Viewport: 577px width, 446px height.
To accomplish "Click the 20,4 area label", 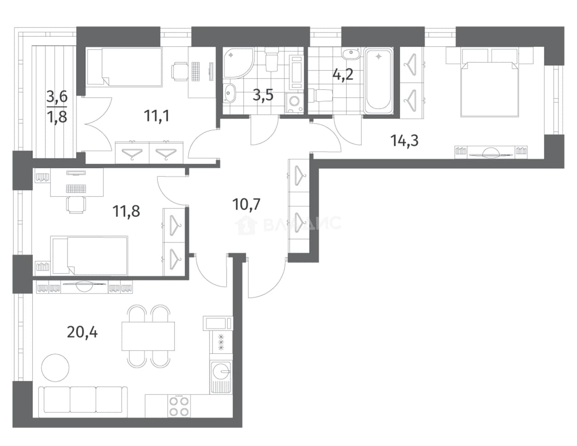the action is pyautogui.click(x=82, y=332).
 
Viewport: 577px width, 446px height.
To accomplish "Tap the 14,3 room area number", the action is pyautogui.click(x=404, y=141).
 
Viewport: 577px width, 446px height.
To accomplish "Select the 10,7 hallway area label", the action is pyautogui.click(x=246, y=204).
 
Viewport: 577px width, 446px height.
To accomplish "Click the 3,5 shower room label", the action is pyautogui.click(x=263, y=95).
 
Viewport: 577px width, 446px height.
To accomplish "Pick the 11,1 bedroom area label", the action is pyautogui.click(x=156, y=116).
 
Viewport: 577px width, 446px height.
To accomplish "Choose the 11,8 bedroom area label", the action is pyautogui.click(x=126, y=211).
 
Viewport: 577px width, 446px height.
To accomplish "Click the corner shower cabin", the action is pyautogui.click(x=238, y=63).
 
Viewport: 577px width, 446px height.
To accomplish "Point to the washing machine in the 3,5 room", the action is pyautogui.click(x=294, y=104).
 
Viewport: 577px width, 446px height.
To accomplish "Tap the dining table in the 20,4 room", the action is pyautogui.click(x=148, y=336).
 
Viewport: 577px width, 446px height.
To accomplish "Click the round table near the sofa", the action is pyautogui.click(x=55, y=368).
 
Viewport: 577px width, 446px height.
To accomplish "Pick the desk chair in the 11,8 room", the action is pyautogui.click(x=76, y=204).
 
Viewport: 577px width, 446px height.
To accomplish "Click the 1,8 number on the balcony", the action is pyautogui.click(x=57, y=117).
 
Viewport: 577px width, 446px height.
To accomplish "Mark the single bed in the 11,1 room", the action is pyautogui.click(x=124, y=67).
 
